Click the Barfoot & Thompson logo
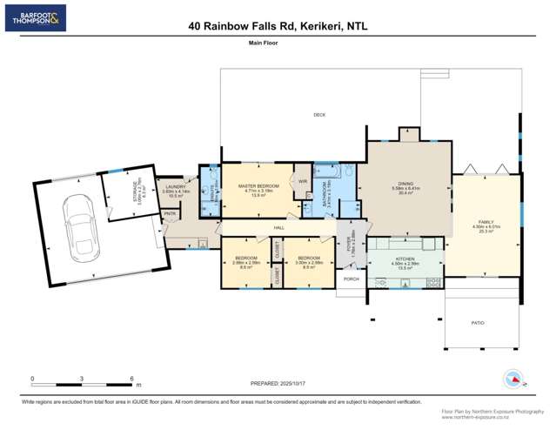tap(35, 18)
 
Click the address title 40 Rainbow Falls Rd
tap(278, 27)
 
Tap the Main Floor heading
tap(278, 42)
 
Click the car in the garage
tap(75, 229)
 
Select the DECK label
tap(319, 115)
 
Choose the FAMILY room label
tap(486, 223)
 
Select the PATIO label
tap(478, 322)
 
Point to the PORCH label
tap(352, 279)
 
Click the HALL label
tap(279, 227)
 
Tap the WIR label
tap(303, 181)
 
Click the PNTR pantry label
tap(170, 214)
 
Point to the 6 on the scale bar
tap(131, 379)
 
